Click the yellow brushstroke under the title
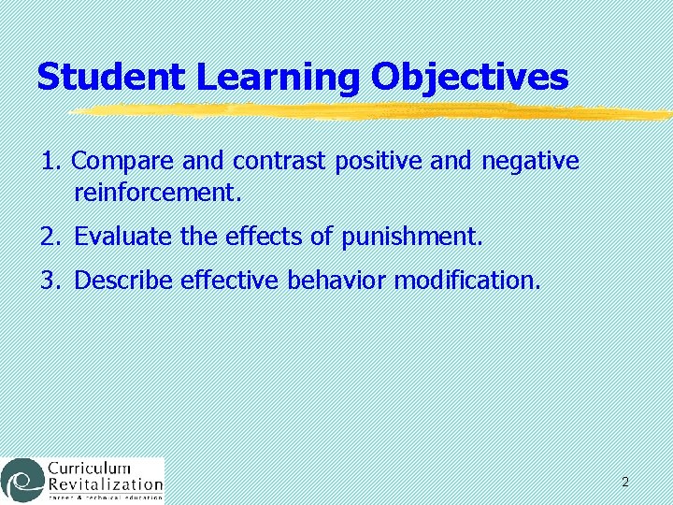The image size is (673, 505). (x=374, y=111)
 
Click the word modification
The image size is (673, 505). (x=467, y=280)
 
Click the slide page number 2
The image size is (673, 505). (x=624, y=483)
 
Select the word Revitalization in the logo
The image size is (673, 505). (x=105, y=484)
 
